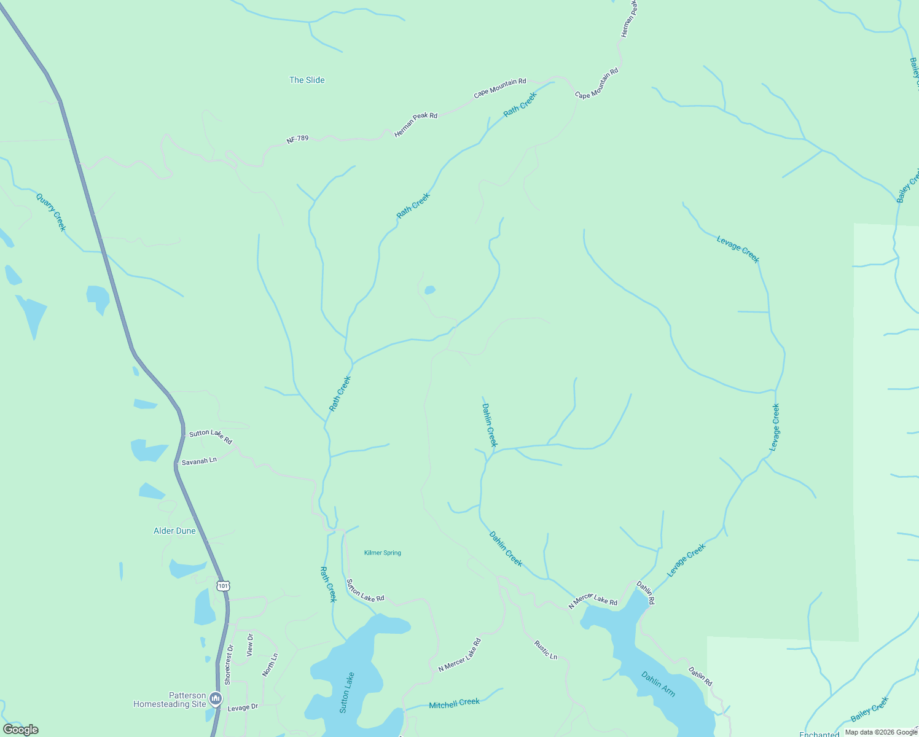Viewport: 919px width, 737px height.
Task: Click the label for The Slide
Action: [307, 80]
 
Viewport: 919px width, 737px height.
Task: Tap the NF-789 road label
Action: [297, 139]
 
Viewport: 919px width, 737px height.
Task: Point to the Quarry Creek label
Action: [50, 212]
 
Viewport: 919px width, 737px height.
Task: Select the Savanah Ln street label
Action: [199, 461]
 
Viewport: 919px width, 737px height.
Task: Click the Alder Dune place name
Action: [174, 531]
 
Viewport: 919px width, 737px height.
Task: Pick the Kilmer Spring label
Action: [382, 553]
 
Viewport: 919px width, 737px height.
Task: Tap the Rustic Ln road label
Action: [546, 650]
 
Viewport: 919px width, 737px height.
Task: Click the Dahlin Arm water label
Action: [658, 684]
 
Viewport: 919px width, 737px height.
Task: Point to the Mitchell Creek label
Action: [454, 703]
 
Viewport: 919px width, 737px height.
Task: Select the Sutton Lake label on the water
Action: [348, 692]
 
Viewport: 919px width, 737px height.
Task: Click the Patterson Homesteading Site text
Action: [170, 700]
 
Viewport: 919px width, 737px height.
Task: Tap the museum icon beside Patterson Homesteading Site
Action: [215, 698]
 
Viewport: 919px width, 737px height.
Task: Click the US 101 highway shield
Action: [223, 586]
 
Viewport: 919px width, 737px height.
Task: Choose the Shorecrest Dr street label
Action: [229, 665]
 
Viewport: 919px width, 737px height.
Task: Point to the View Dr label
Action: [250, 645]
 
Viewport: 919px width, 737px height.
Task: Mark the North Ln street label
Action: [270, 665]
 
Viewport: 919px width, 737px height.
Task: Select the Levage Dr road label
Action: [243, 708]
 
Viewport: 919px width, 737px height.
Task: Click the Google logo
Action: [20, 730]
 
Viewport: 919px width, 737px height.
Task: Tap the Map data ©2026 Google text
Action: [881, 732]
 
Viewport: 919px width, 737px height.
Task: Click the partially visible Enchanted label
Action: [819, 734]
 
